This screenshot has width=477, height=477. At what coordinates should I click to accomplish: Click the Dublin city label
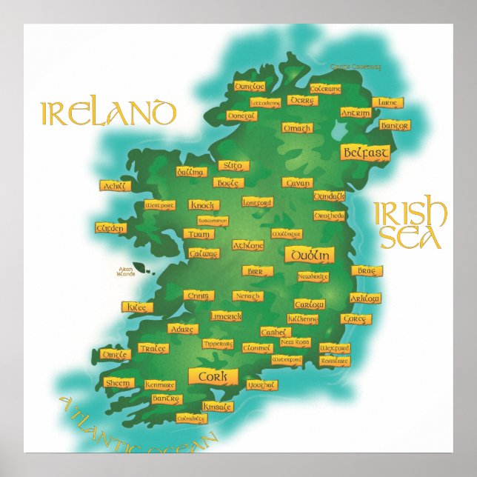[309, 255]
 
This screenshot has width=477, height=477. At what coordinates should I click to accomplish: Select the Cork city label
[213, 376]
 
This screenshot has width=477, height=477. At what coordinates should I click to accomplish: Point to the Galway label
[204, 253]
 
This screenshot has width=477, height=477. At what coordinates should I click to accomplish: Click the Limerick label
[226, 316]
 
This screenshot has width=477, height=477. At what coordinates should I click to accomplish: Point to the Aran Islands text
[126, 271]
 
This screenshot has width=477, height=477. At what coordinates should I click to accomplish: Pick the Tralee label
[154, 348]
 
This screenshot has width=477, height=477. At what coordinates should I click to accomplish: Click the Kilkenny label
[303, 319]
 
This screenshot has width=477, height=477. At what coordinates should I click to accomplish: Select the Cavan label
[297, 182]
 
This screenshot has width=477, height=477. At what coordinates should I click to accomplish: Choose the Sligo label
[234, 166]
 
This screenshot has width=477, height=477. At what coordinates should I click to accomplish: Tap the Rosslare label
[335, 360]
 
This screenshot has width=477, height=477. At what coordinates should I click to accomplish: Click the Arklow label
[364, 298]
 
